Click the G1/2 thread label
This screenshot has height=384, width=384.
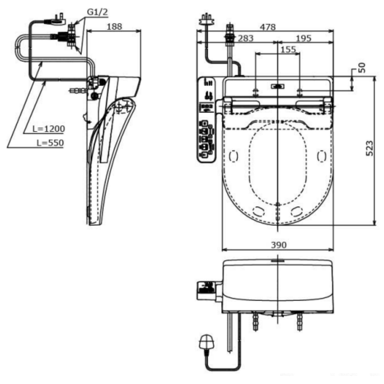98,12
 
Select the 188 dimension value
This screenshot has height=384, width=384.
114,26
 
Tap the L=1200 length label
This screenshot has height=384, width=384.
49,129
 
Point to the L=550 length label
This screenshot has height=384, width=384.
50,143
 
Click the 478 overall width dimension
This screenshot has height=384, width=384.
268,27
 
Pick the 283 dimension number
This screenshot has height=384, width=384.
246,38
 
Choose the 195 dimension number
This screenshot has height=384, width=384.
304,38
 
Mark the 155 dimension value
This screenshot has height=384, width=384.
288,50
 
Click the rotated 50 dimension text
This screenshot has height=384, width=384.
362,68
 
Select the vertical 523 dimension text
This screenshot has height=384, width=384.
369,148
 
